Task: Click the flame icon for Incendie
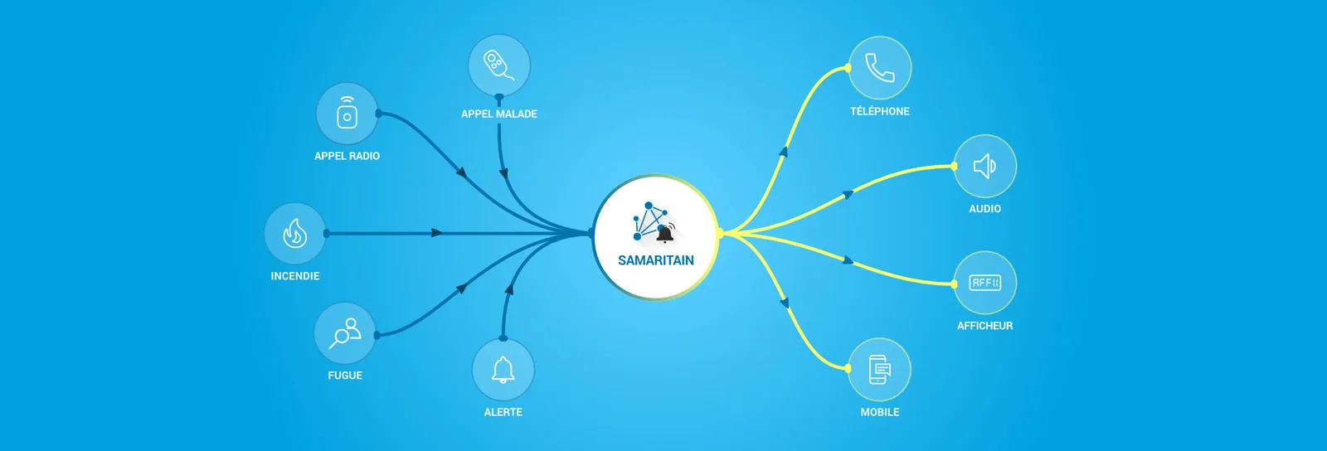(x=295, y=233)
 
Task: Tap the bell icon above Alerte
(x=503, y=370)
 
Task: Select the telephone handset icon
(x=880, y=67)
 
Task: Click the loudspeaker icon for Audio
(x=984, y=167)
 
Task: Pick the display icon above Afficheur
(x=984, y=283)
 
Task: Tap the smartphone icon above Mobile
(x=880, y=369)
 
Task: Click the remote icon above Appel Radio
(x=348, y=113)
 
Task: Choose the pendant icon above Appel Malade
(x=498, y=65)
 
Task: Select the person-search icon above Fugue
(x=345, y=333)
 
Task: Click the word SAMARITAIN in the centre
(x=656, y=260)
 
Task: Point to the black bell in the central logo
(x=665, y=234)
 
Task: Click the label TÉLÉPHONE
(x=880, y=111)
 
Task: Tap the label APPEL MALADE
(x=498, y=114)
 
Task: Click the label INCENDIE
(x=295, y=276)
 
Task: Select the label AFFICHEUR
(x=984, y=326)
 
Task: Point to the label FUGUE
(x=345, y=376)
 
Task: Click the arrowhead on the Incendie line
(x=436, y=233)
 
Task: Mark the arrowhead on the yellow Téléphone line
(x=784, y=152)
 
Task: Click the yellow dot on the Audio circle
(x=954, y=167)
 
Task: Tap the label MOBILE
(x=880, y=412)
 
